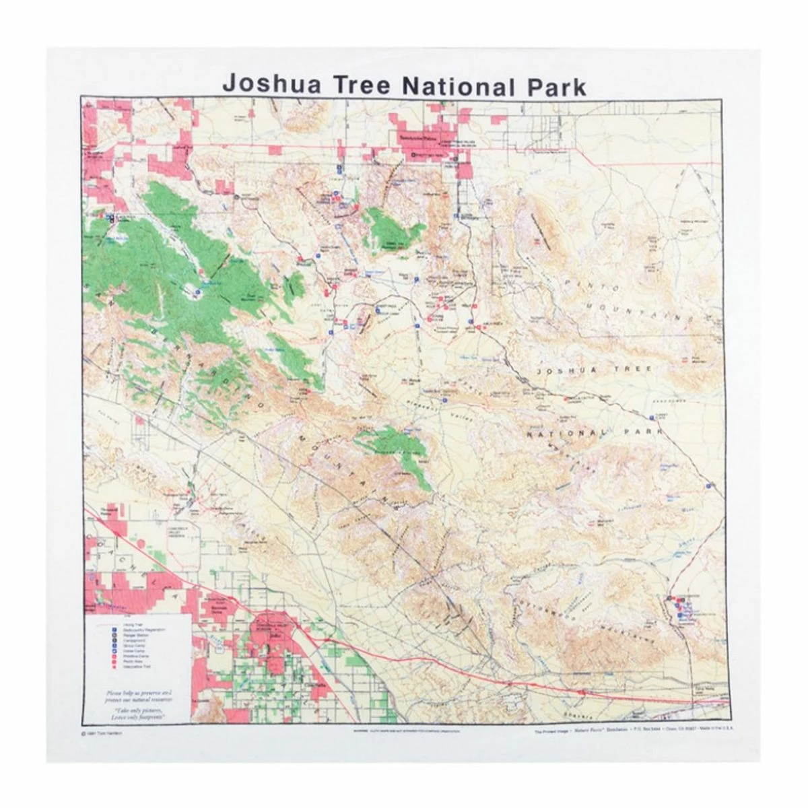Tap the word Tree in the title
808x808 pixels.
coord(357,85)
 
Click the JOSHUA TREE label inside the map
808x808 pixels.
coord(593,370)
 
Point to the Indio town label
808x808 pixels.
coord(273,634)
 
